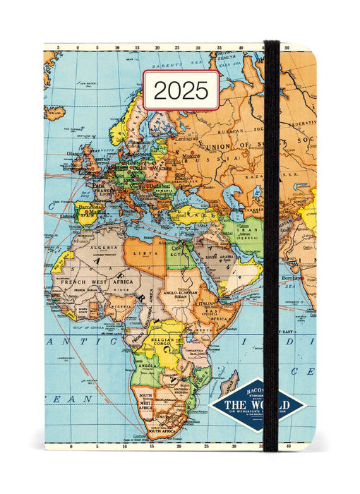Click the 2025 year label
coord(181,90)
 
